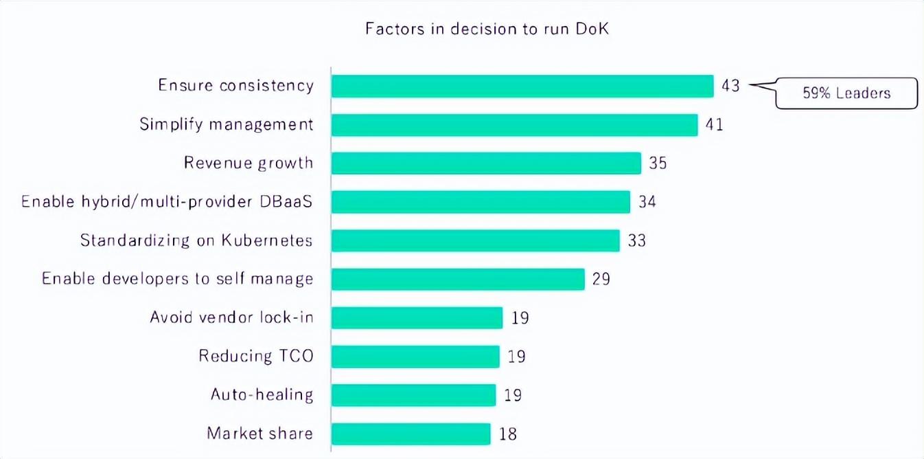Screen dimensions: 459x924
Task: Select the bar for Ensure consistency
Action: (522, 86)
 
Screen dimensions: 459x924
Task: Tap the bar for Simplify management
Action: (514, 124)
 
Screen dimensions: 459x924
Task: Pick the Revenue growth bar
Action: (486, 163)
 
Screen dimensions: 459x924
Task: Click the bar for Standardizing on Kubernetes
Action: (475, 240)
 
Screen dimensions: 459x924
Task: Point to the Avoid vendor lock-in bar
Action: (417, 317)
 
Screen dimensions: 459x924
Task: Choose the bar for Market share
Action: (411, 434)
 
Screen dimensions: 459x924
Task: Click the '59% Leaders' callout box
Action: (846, 93)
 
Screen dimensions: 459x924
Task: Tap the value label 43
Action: (730, 86)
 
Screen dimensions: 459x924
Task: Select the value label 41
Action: (714, 124)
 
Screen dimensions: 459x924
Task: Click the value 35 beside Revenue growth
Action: (658, 163)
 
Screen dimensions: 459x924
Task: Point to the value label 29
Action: (601, 279)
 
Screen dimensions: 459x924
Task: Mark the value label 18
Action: (507, 434)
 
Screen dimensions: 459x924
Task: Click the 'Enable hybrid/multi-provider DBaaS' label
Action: (167, 202)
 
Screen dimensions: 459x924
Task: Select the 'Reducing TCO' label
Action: (255, 356)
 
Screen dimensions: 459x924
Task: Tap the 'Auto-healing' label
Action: (262, 395)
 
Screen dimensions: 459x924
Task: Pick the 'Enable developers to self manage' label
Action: (177, 279)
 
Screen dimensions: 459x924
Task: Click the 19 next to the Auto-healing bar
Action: (512, 395)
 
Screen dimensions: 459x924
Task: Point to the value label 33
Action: (636, 240)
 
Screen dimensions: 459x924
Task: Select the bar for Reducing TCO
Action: (415, 356)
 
